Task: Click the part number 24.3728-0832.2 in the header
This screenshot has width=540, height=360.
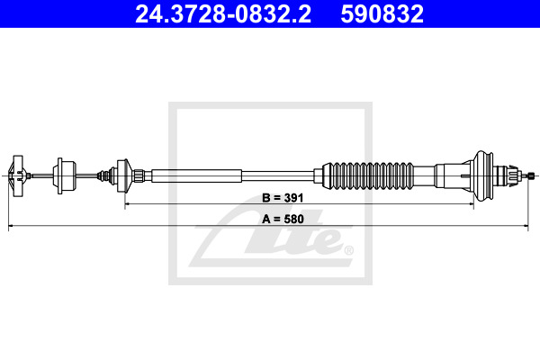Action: tap(223, 14)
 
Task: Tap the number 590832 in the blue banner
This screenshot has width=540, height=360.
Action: tap(382, 14)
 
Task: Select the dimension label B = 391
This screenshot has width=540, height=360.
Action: tap(283, 198)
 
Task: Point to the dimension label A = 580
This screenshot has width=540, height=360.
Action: tap(283, 219)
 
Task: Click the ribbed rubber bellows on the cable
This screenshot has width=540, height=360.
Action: tap(368, 175)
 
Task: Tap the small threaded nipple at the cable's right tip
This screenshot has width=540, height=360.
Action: tap(532, 176)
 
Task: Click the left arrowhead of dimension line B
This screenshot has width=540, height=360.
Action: tap(128, 204)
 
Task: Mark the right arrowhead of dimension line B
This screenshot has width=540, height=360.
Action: tap(471, 204)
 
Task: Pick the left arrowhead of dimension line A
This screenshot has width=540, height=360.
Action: tap(11, 226)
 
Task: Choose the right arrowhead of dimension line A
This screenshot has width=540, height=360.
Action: tap(526, 226)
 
